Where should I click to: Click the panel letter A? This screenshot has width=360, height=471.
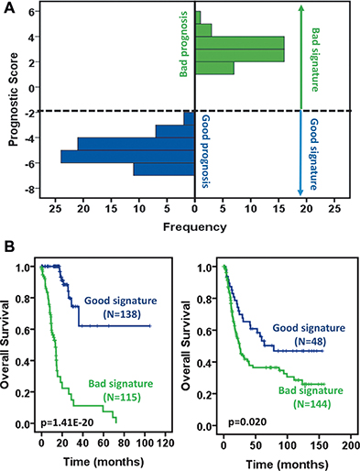pos(8,8)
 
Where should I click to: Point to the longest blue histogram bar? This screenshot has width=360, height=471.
pos(127,156)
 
